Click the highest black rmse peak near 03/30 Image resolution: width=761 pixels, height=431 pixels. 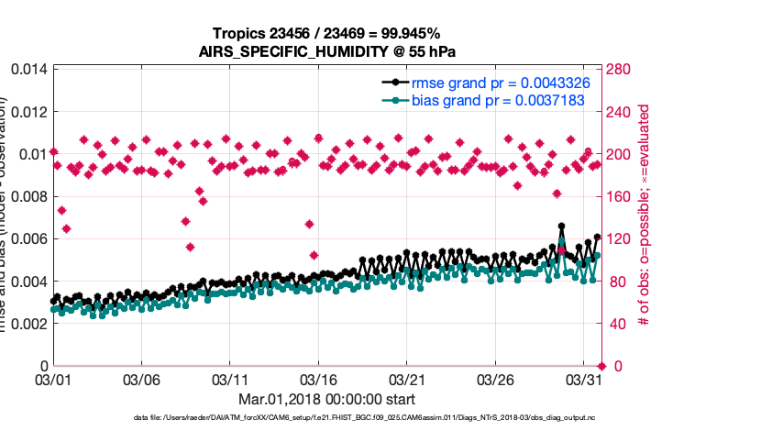[561, 227]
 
